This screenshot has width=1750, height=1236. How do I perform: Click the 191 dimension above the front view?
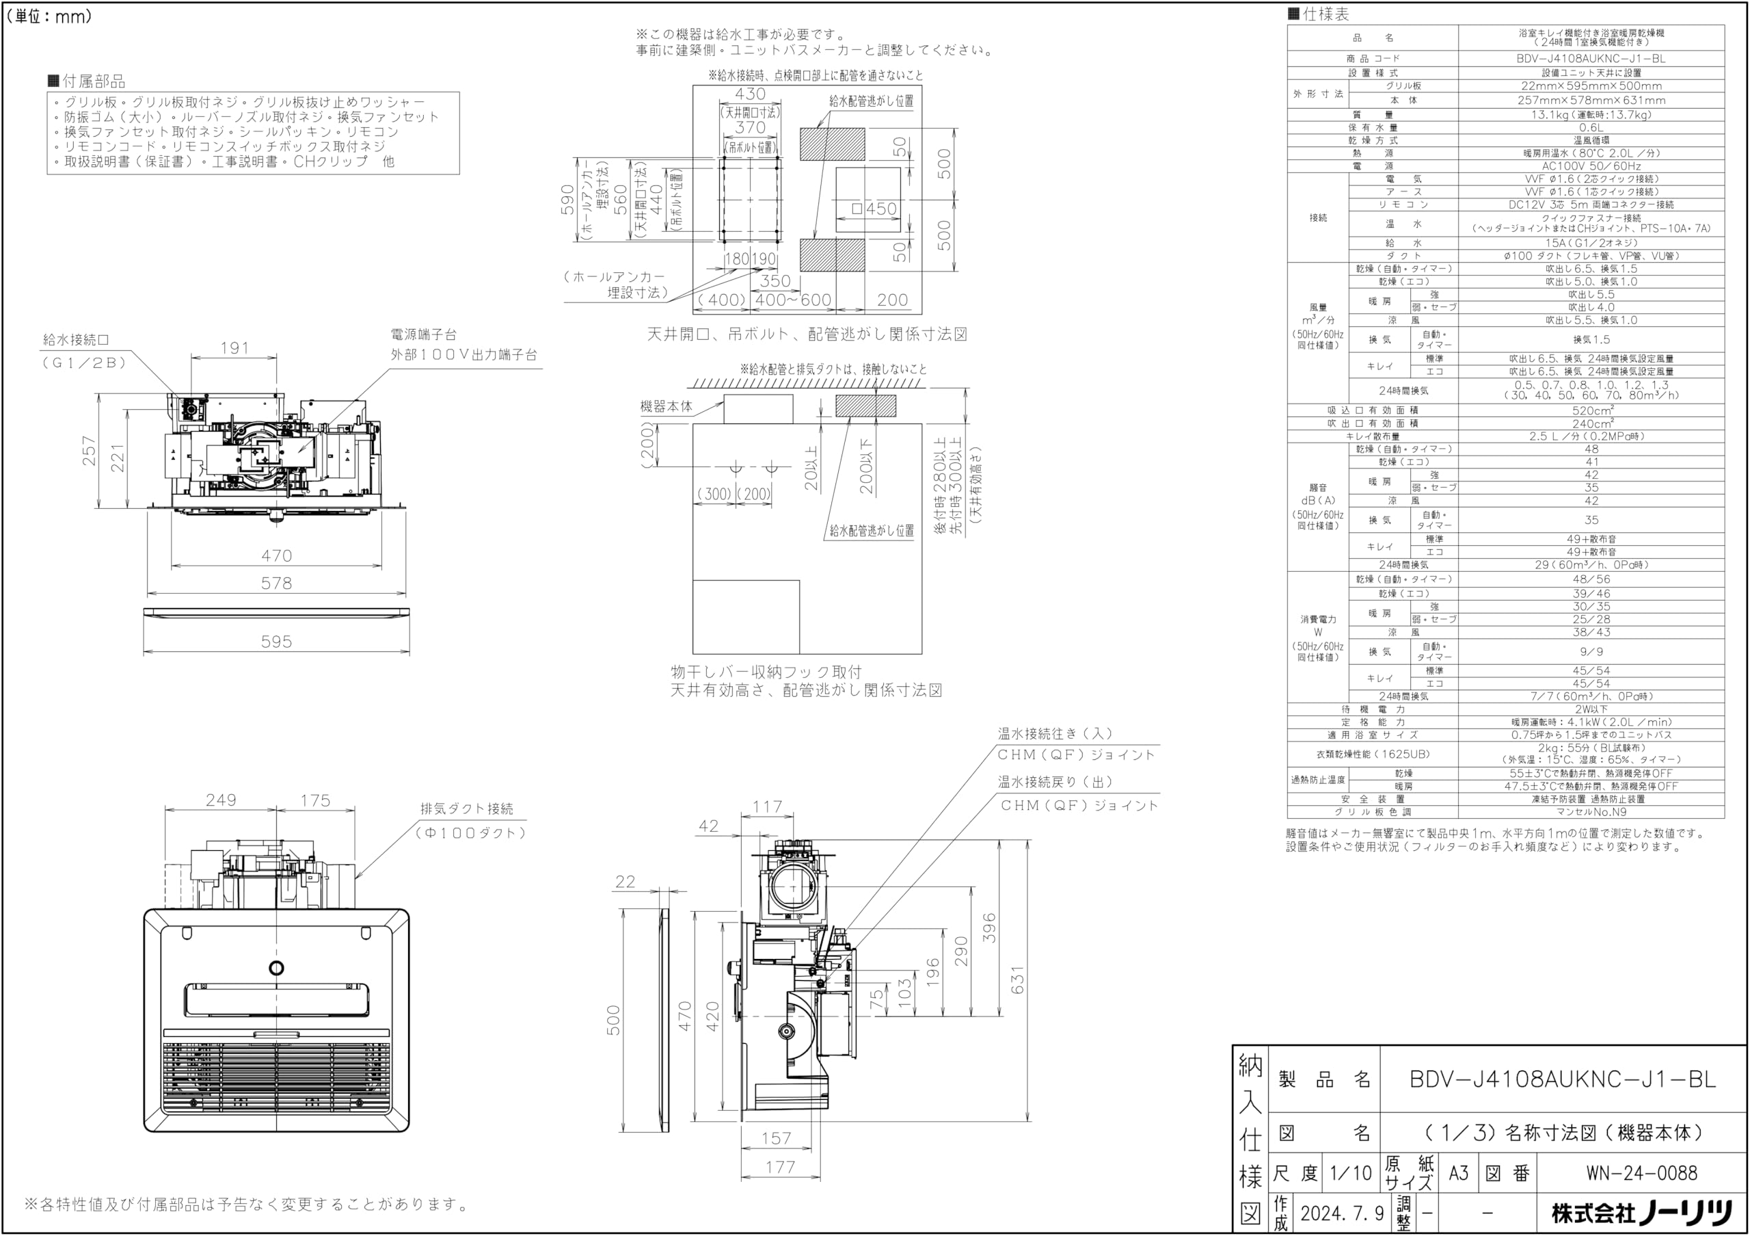(234, 347)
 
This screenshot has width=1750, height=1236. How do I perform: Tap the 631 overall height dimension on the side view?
(1018, 979)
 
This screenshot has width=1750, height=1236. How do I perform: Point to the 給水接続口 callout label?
(76, 340)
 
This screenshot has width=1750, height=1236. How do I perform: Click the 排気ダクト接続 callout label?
(466, 808)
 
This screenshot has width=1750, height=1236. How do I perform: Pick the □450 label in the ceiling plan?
(874, 209)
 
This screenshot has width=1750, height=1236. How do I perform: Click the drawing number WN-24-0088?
(1642, 1172)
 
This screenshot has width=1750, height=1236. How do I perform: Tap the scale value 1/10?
(1351, 1172)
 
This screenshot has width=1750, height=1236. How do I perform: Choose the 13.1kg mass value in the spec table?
(1591, 115)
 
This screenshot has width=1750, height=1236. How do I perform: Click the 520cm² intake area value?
(1591, 410)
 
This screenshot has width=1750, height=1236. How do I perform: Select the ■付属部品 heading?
(86, 81)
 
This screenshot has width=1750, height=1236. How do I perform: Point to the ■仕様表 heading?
(1318, 14)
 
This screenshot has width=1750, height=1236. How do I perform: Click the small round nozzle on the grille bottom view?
(276, 969)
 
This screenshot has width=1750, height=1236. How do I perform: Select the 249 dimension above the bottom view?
(220, 800)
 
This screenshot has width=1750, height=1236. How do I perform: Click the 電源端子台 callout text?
(424, 334)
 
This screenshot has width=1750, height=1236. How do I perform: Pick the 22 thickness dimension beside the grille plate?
(625, 882)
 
